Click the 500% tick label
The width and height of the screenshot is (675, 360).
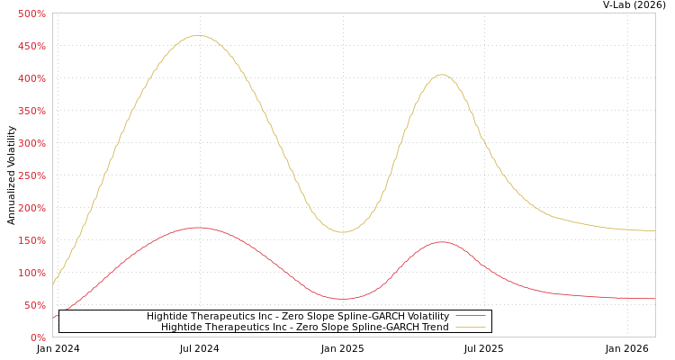coord(31,13)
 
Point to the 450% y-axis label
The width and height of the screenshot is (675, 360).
coord(31,46)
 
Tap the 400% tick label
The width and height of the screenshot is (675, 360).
coord(31,78)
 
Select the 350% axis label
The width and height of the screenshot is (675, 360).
coord(31,111)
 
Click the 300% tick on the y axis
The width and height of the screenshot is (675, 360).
coord(31,143)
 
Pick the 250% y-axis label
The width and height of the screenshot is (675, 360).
coord(31,175)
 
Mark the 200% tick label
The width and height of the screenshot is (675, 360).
coord(31,208)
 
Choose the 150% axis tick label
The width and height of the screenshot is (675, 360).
coord(31,240)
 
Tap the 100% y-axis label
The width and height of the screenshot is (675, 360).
coord(31,273)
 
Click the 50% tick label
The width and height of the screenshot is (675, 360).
coord(34,305)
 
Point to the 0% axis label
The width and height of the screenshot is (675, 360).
coord(38,337)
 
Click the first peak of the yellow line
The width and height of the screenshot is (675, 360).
coord(197,35)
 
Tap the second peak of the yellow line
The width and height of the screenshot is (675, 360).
coord(441,75)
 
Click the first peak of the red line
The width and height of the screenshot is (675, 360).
coord(197,227)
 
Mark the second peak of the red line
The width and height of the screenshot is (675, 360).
coord(441,241)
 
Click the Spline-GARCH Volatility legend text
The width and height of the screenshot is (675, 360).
coord(297,316)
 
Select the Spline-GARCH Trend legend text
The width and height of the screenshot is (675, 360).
coord(304,327)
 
